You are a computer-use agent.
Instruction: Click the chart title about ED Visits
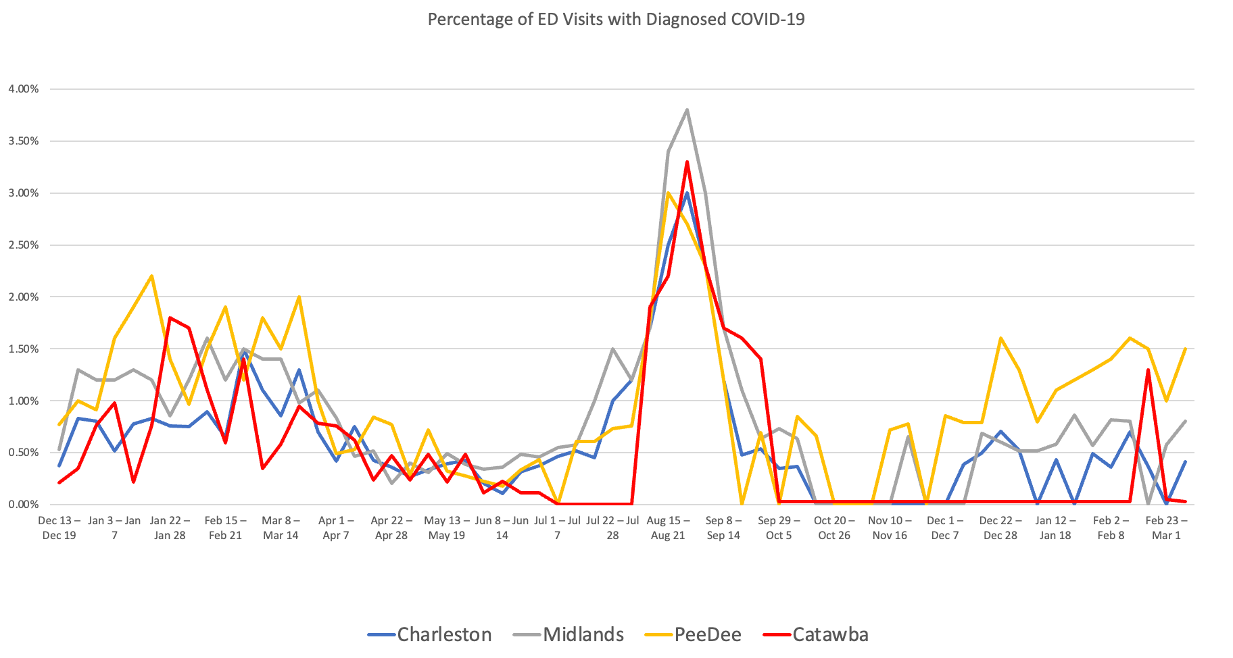(616, 19)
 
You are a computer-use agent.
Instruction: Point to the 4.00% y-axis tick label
(24, 88)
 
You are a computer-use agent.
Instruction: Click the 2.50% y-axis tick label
(24, 245)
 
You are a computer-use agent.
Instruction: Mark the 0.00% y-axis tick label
(24, 504)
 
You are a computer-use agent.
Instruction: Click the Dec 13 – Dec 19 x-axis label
(59, 528)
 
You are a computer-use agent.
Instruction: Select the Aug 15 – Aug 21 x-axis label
(668, 528)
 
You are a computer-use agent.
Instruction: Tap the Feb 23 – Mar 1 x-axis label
(1166, 528)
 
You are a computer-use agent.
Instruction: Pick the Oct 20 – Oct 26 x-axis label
(834, 528)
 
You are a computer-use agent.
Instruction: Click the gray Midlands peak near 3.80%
(687, 109)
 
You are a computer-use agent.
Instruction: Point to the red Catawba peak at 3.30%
(687, 162)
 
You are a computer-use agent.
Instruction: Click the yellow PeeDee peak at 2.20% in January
(151, 276)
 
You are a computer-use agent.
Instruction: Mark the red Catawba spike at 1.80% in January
(170, 318)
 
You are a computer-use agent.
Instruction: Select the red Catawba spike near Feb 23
(1148, 370)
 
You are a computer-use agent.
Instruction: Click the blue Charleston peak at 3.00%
(686, 194)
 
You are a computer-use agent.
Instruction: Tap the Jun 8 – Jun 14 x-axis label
(502, 528)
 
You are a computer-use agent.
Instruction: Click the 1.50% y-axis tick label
(24, 349)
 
